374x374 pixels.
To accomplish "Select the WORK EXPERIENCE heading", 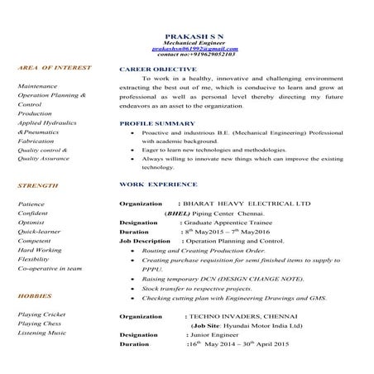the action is coord(159,184).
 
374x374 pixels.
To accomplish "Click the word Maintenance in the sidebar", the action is coord(37,85).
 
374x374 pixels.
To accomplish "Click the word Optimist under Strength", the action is coord(31,222).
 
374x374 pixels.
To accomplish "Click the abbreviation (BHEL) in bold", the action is coord(177,212).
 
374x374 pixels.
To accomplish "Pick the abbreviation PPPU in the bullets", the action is coord(153,269).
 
